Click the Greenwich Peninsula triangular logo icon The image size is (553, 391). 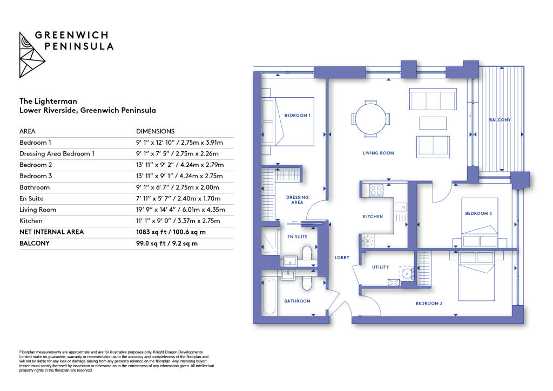(32, 55)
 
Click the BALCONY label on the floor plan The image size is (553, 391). (500, 120)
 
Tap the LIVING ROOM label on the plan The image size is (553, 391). (378, 153)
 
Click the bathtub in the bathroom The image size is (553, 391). (269, 295)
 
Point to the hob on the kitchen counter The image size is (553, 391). (375, 190)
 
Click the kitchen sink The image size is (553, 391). (400, 207)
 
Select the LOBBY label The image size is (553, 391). (342, 258)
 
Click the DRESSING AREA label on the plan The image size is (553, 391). (297, 200)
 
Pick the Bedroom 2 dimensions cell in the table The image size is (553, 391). (179, 165)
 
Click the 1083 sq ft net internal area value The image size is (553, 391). (171, 232)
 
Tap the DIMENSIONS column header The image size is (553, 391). (156, 131)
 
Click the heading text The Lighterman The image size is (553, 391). (48, 101)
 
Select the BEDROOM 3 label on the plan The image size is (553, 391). (478, 213)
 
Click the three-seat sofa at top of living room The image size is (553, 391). (433, 99)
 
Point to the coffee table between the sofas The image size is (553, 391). (433, 123)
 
